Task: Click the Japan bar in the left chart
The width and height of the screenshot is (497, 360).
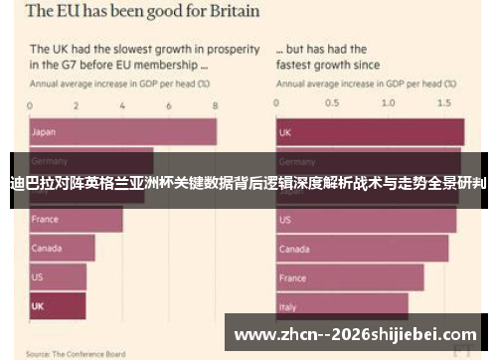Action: click(x=122, y=131)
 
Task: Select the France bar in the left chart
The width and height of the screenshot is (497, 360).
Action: click(x=76, y=219)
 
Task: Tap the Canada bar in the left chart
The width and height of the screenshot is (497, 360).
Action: click(x=62, y=248)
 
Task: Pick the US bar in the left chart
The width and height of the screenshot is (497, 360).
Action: click(x=58, y=276)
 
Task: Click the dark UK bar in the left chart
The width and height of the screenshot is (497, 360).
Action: click(x=58, y=305)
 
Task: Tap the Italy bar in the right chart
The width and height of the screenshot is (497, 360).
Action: click(x=341, y=305)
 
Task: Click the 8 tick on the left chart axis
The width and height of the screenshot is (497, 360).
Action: click(x=214, y=103)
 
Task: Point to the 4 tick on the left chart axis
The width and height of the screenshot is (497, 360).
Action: click(x=122, y=103)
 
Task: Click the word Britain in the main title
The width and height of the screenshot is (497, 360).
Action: click(x=224, y=13)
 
